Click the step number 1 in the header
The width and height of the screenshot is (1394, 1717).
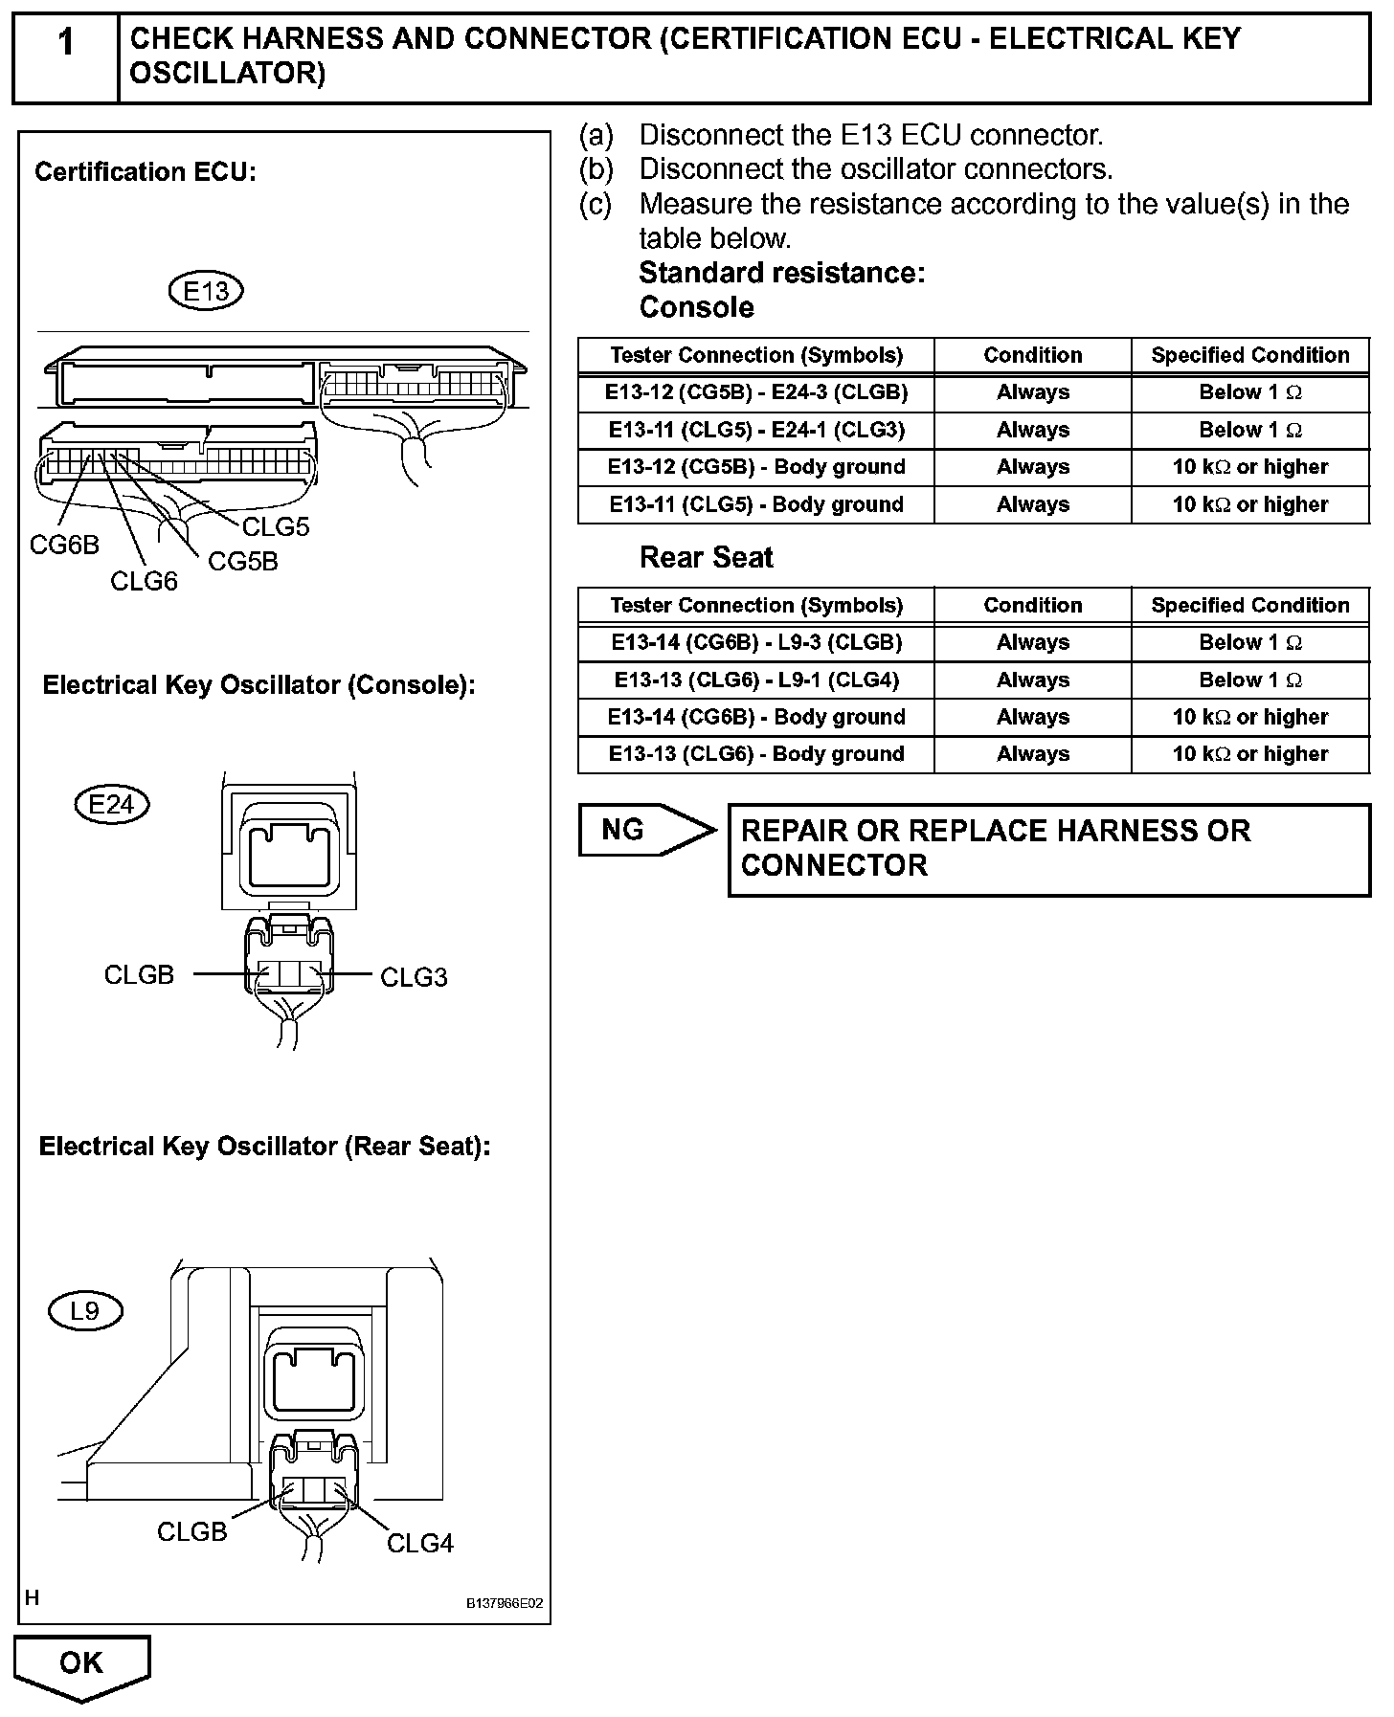coord(65,44)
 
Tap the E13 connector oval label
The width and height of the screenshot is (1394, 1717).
coord(205,290)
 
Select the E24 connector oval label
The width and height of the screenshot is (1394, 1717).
coord(112,804)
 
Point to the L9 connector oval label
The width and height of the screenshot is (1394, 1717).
coord(84,1310)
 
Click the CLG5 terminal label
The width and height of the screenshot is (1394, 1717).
coord(276,527)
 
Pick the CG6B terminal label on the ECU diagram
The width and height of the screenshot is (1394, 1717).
coord(64,545)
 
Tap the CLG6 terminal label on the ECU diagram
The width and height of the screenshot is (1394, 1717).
coord(144,581)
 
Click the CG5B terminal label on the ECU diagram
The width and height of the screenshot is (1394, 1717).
coord(243,562)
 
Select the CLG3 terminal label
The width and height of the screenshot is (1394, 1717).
coord(414,977)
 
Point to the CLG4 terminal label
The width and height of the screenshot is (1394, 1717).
coord(419,1543)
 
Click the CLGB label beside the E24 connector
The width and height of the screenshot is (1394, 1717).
coord(139,974)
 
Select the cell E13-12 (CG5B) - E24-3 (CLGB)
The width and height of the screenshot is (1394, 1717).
coord(756,392)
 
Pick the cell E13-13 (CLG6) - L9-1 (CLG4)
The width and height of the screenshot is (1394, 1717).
coord(756,680)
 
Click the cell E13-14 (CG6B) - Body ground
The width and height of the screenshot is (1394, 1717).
coord(756,717)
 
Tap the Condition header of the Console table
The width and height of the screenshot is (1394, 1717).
coord(1032,355)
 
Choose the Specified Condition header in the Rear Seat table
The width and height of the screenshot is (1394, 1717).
coord(1249,605)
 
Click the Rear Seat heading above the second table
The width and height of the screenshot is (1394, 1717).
coord(706,558)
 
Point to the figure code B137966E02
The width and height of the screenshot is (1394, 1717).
coord(505,1603)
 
